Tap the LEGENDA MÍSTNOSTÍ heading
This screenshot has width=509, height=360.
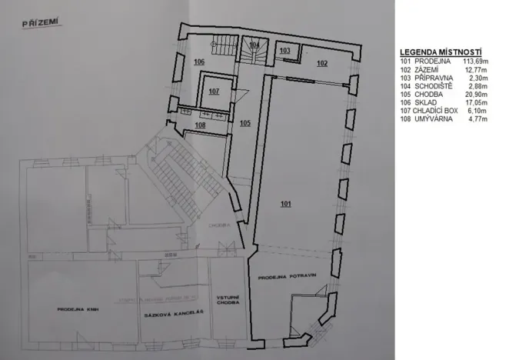pyautogui.click(x=434, y=52)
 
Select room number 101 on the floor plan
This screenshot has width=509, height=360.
pyautogui.click(x=286, y=204)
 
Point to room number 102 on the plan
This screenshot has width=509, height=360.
pyautogui.click(x=321, y=62)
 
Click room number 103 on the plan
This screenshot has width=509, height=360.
pyautogui.click(x=284, y=50)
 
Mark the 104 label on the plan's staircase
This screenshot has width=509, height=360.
pyautogui.click(x=254, y=45)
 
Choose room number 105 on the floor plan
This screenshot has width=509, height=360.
pyautogui.click(x=245, y=122)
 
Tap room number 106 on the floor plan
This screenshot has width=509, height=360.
pyautogui.click(x=199, y=61)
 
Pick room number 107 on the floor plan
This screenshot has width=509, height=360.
pyautogui.click(x=214, y=91)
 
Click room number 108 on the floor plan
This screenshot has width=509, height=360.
pyautogui.click(x=200, y=125)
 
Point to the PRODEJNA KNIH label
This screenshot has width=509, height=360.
pyautogui.click(x=75, y=309)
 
